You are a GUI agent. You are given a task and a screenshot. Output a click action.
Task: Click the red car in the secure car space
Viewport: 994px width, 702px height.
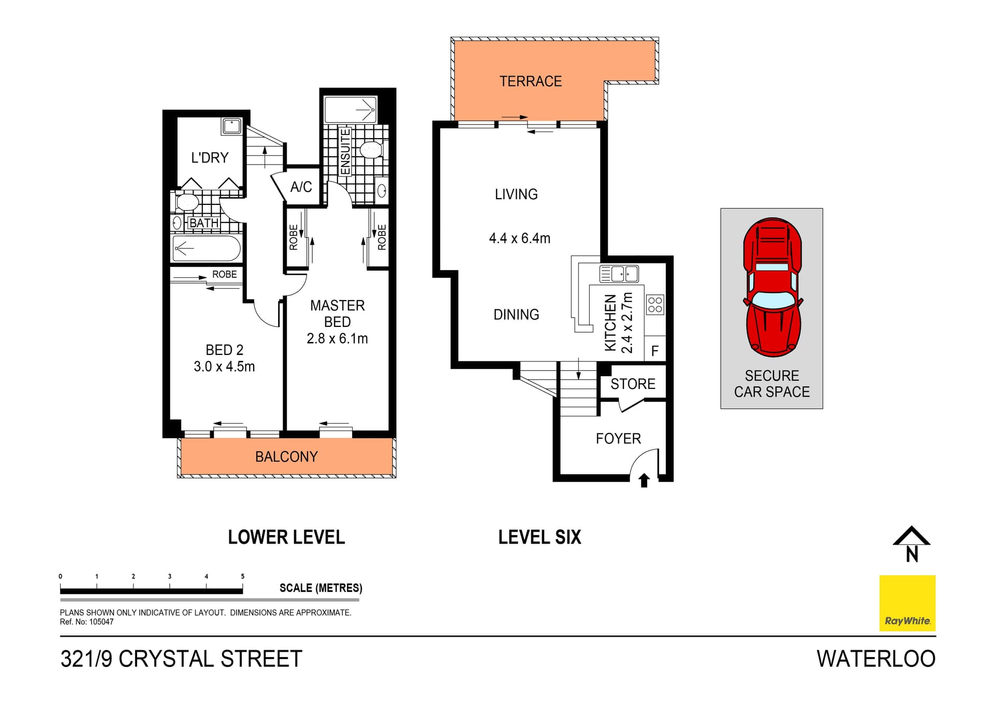(772, 287)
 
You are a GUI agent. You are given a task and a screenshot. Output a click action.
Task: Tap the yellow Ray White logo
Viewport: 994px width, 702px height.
(907, 603)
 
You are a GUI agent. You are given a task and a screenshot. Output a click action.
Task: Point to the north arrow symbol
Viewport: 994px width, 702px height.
(911, 545)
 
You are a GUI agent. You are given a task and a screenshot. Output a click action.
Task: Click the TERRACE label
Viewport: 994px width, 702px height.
(530, 81)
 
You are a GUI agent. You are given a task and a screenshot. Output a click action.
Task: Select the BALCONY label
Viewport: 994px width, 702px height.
(286, 457)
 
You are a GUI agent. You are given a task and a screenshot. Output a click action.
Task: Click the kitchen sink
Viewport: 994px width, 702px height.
(619, 274)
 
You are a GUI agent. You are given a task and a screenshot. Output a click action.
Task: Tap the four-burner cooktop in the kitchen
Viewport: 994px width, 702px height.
(655, 305)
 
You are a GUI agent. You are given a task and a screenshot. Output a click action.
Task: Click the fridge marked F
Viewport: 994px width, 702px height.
(655, 351)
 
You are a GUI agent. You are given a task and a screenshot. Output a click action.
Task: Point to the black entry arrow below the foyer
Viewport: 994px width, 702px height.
(644, 481)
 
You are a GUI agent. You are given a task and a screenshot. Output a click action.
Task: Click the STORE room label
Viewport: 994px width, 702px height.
(633, 384)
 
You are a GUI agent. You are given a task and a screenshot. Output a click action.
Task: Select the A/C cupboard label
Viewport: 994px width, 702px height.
(301, 187)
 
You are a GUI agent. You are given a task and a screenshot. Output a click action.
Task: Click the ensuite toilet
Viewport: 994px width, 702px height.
(371, 150)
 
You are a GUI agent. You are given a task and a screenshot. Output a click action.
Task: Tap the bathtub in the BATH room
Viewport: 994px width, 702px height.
(207, 249)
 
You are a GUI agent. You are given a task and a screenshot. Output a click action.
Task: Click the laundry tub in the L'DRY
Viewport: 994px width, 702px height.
(231, 126)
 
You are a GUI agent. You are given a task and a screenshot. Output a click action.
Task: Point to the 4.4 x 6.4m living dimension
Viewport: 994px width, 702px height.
(519, 238)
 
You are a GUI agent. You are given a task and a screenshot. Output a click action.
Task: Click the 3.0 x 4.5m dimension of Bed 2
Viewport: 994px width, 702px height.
(224, 367)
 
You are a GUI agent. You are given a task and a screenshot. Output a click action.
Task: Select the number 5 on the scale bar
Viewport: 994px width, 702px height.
(242, 576)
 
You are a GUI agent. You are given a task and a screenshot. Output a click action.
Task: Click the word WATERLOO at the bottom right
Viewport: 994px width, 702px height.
(876, 659)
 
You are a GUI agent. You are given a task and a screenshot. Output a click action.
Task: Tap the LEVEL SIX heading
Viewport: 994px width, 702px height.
(539, 537)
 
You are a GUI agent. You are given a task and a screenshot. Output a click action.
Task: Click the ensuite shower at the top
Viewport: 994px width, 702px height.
(350, 109)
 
